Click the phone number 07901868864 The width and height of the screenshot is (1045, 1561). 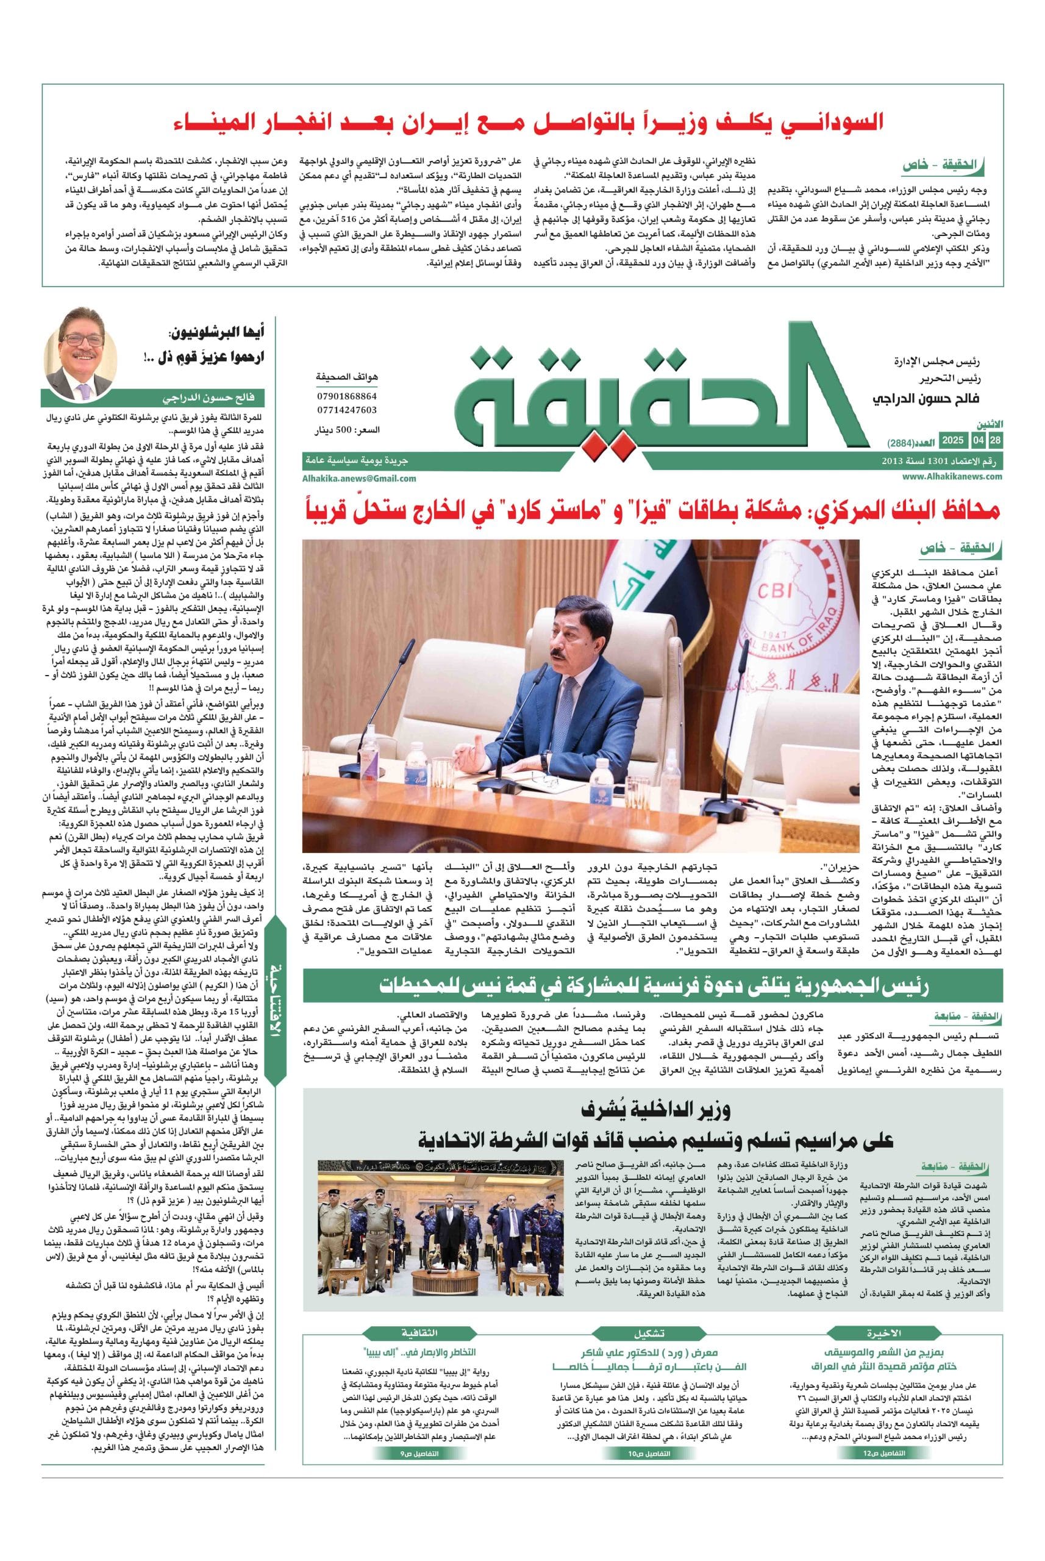pos(346,396)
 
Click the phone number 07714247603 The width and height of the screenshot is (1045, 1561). pos(346,410)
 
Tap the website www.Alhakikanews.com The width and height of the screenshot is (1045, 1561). pos(952,477)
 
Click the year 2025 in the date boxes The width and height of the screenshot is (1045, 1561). pos(952,441)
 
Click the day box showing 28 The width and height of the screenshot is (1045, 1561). pos(994,441)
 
